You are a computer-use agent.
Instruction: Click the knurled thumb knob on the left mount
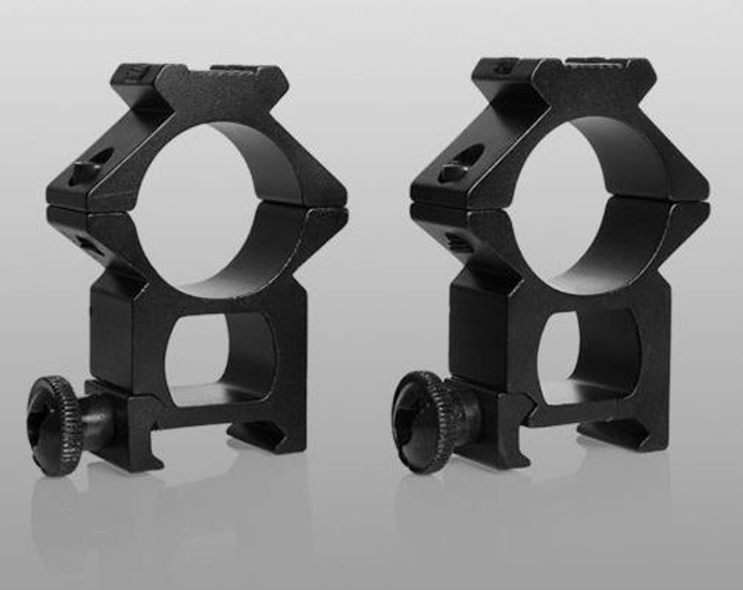click(x=56, y=425)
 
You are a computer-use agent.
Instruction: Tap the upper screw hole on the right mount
click(x=458, y=163)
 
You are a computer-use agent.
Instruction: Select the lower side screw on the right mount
click(x=455, y=241)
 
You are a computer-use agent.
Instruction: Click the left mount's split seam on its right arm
click(x=316, y=210)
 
